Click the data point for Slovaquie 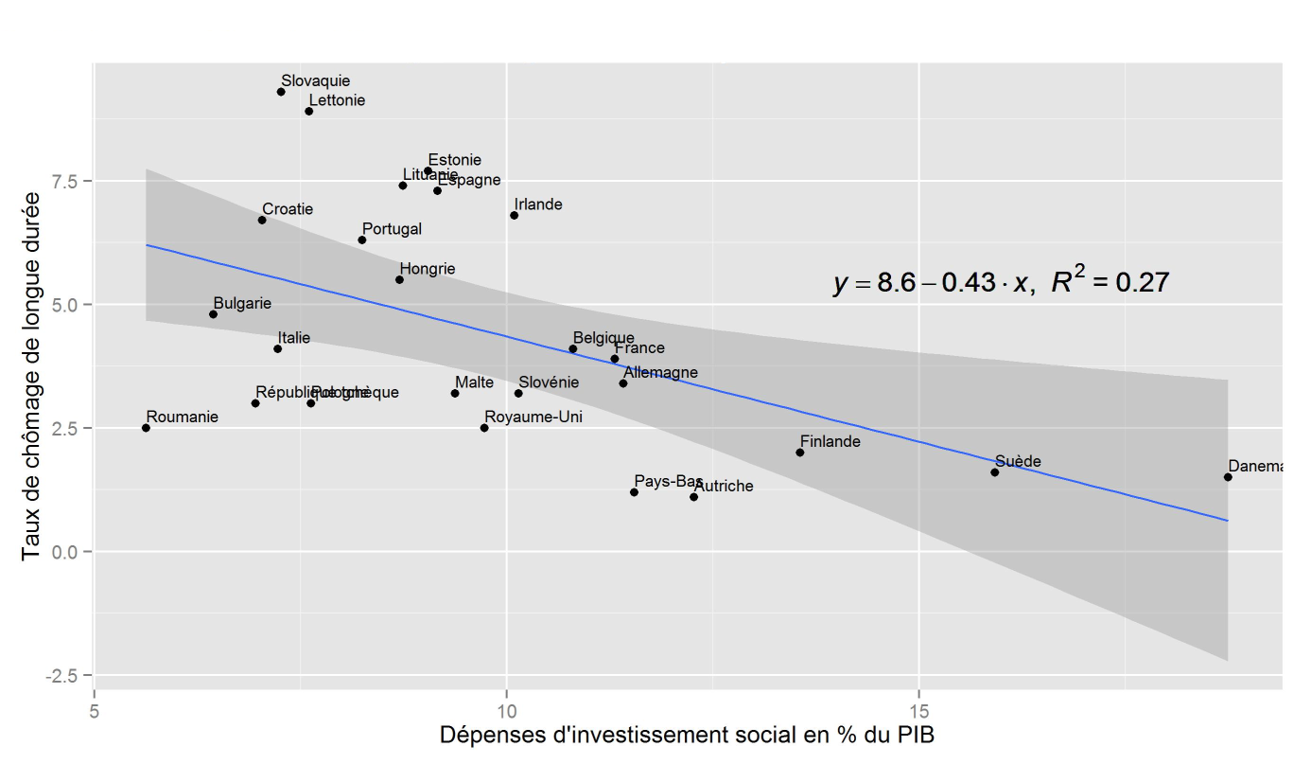pos(281,92)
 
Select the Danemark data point pos(1228,477)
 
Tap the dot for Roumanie pos(146,428)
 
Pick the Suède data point pos(994,472)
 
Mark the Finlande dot pos(799,453)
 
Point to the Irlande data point pos(514,215)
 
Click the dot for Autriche pos(693,497)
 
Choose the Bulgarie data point pos(213,314)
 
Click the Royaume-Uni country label pos(533,417)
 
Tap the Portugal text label pos(392,229)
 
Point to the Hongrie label pos(427,269)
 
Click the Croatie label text pos(288,209)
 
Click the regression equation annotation pos(1001,282)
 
